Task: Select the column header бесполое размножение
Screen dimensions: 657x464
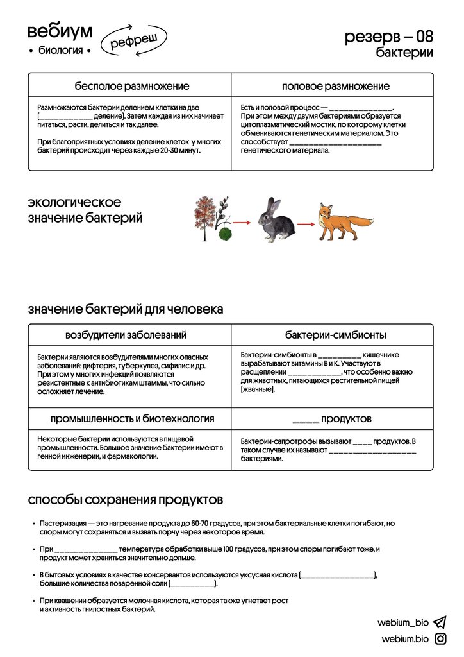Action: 131,86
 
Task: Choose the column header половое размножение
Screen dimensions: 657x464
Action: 335,86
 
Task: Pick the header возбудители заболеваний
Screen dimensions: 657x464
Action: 126,335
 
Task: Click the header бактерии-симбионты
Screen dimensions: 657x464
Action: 335,335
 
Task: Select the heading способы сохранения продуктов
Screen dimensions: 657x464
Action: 125,499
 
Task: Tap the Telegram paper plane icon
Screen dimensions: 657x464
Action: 440,622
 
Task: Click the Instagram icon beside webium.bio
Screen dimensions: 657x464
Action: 440,638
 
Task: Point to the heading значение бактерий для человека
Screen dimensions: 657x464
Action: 126,309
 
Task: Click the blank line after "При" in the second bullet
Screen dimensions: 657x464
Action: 86,550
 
